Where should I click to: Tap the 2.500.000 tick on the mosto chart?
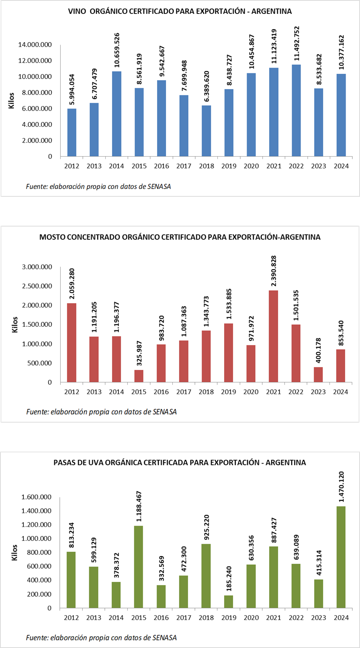[x=37, y=286]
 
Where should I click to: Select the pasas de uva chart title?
[x=180, y=463]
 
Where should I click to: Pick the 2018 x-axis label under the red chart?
[x=206, y=391]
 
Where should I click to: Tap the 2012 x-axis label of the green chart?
[x=72, y=617]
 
